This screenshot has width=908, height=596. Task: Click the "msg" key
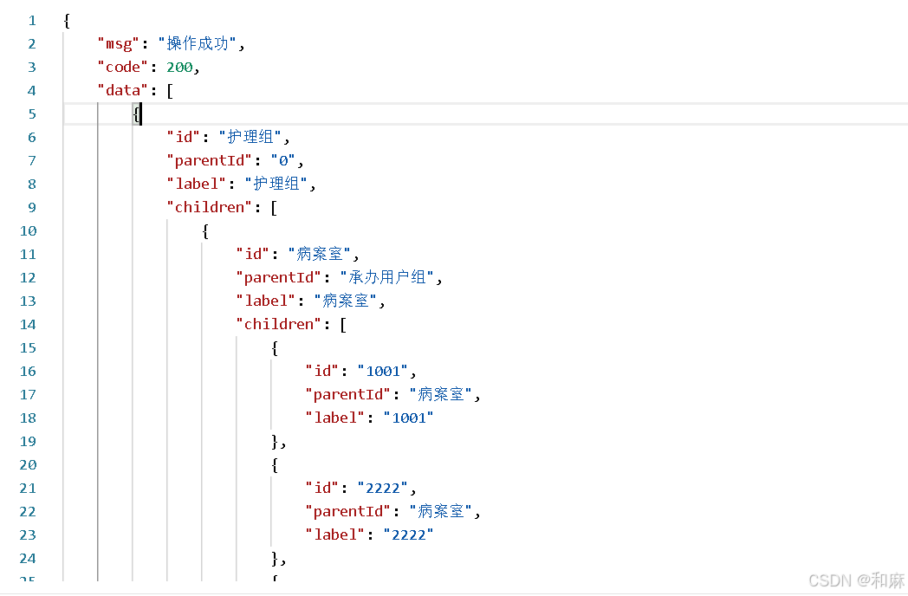[118, 44]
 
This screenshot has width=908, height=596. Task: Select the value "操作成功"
[198, 43]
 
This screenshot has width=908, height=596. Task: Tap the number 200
[179, 68]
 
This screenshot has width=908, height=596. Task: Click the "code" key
[123, 68]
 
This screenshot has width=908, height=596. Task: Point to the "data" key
[123, 90]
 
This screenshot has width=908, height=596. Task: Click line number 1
[32, 21]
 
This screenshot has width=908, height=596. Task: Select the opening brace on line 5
[136, 114]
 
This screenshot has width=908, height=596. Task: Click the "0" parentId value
[283, 160]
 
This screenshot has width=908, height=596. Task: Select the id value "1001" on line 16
[383, 372]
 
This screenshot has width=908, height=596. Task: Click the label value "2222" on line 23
[409, 534]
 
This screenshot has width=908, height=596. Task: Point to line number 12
[28, 278]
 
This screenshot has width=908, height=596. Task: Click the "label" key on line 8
[197, 185]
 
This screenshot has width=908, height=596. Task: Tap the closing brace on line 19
[275, 441]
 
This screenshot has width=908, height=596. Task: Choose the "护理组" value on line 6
[250, 137]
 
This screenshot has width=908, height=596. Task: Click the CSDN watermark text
[857, 580]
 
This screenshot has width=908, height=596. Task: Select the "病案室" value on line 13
[345, 301]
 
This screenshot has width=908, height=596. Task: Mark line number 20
[28, 465]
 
